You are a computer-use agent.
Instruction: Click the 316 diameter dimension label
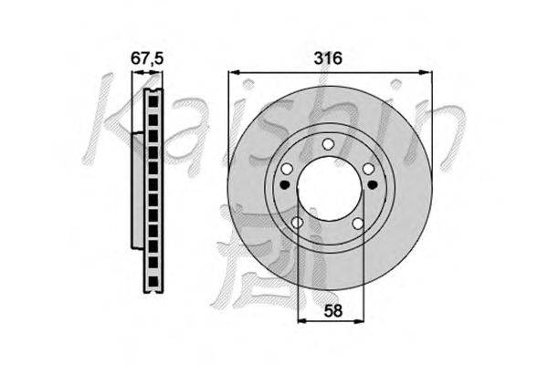pyautogui.click(x=328, y=58)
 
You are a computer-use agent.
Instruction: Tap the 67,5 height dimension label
pyautogui.click(x=147, y=58)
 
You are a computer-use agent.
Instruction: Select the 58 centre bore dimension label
pyautogui.click(x=332, y=310)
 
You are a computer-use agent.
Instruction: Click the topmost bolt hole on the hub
pyautogui.click(x=328, y=144)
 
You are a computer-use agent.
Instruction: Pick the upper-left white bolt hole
pyautogui.click(x=287, y=169)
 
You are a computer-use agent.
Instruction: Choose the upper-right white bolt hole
pyautogui.click(x=368, y=169)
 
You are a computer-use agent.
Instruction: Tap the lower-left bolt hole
pyautogui.click(x=297, y=223)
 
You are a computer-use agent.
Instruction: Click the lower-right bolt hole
pyautogui.click(x=358, y=223)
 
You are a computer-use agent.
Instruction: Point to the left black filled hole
pyautogui.click(x=286, y=183)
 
